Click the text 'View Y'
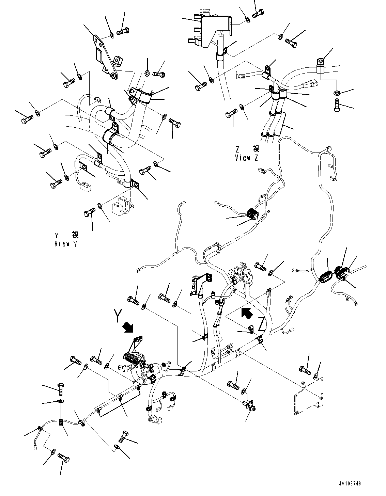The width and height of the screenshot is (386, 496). click(x=66, y=244)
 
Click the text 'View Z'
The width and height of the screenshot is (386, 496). click(x=247, y=158)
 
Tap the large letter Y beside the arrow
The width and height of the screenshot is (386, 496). click(x=118, y=316)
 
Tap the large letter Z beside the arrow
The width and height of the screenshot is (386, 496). click(x=262, y=324)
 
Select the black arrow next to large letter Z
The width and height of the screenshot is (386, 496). click(x=247, y=313)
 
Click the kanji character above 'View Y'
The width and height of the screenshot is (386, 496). click(x=75, y=235)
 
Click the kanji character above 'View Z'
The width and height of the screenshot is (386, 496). click(x=256, y=149)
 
